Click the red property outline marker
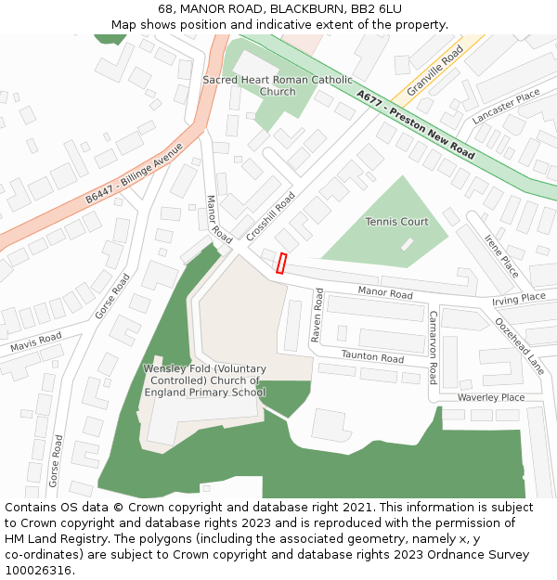[281, 264]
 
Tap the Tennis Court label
[396, 222]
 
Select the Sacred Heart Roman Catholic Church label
[278, 86]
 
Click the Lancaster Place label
[505, 107]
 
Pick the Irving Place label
[519, 299]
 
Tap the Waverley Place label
[490, 397]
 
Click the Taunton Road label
[372, 357]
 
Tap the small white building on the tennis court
[407, 244]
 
